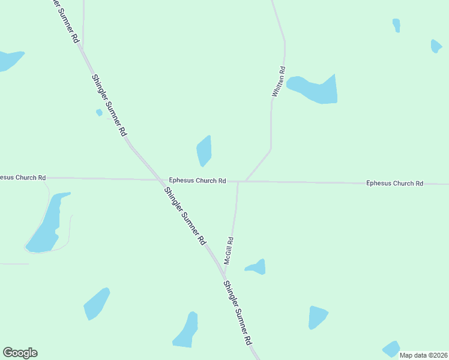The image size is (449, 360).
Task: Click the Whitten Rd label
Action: click(x=278, y=86)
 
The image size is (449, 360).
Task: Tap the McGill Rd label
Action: click(x=228, y=250)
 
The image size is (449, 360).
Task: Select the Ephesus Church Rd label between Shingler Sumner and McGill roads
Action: click(x=197, y=180)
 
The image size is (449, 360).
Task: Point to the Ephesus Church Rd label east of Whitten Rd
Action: click(x=394, y=183)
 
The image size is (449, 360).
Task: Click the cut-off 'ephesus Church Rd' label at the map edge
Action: click(x=23, y=178)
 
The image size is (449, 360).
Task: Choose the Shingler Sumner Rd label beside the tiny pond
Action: click(x=109, y=104)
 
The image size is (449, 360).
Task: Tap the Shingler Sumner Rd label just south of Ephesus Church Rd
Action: click(x=184, y=215)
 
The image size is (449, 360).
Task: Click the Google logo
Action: click(x=20, y=353)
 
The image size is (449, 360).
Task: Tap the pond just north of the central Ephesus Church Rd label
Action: click(x=204, y=151)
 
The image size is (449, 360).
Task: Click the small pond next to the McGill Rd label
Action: click(x=256, y=267)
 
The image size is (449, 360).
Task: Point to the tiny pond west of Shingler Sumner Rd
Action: click(x=99, y=112)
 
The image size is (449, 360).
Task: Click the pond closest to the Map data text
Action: click(x=391, y=349)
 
